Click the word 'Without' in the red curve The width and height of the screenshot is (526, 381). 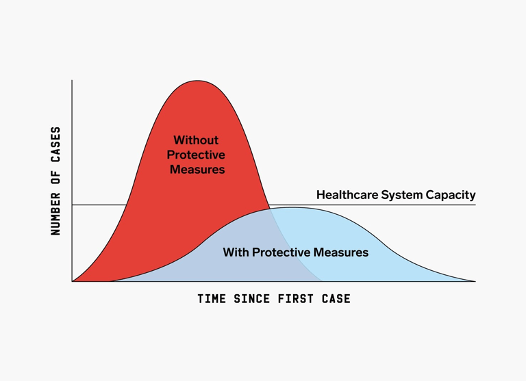196,140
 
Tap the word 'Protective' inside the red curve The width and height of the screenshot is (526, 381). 196,155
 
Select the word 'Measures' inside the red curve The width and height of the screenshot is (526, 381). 197,169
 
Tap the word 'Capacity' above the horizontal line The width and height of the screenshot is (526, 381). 451,195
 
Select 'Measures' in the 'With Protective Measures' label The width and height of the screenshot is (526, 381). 341,252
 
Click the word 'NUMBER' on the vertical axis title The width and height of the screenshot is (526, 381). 55,214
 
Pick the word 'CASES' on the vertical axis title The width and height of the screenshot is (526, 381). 55,145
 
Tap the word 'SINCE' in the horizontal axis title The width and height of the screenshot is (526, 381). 252,298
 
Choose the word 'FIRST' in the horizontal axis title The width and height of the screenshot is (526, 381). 296,298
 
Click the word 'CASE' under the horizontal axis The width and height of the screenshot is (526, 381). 336,298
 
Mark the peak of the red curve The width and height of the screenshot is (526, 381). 198,81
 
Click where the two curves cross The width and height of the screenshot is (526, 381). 270,209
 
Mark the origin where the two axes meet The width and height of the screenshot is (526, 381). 72,282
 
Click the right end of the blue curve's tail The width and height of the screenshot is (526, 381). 475,282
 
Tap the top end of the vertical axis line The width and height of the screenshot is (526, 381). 72,81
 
